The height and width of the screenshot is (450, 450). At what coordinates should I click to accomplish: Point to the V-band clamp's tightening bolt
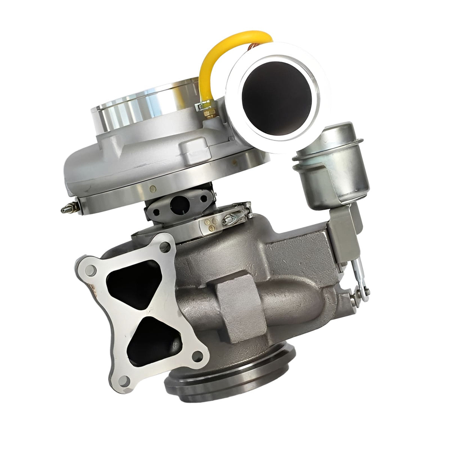click(x=236, y=214)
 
